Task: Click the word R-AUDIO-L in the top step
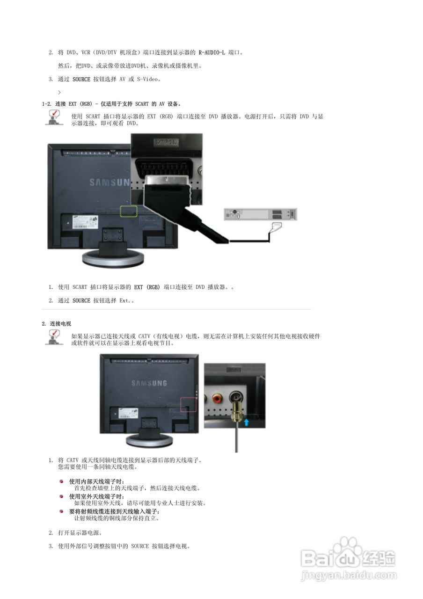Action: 211,52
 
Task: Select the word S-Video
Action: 148,80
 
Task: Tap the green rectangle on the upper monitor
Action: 129,211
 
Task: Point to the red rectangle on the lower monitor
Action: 189,403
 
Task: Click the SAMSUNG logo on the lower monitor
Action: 149,383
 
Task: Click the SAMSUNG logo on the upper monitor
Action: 109,183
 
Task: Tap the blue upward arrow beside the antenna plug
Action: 246,422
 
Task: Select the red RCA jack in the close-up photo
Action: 218,399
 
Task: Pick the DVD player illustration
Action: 260,214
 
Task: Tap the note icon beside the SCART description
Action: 54,117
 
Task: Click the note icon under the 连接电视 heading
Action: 54,337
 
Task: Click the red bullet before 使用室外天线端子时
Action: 61,496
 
